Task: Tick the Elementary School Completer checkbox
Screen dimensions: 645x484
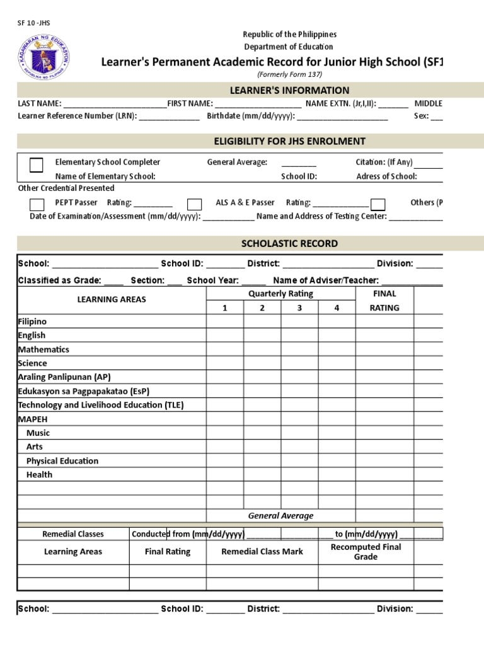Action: [x=37, y=165]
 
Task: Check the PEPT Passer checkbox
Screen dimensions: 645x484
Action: [x=37, y=204]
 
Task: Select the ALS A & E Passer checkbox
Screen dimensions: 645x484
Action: [x=195, y=204]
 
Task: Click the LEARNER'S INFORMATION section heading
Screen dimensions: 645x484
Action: [x=289, y=91]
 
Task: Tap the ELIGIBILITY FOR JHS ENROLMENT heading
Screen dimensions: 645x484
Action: [x=289, y=142]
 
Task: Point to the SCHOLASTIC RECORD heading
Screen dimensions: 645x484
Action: [x=289, y=244]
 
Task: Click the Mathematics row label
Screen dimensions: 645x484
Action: [x=43, y=350]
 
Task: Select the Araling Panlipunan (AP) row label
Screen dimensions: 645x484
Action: [x=64, y=377]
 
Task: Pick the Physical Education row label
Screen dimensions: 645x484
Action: [x=62, y=461]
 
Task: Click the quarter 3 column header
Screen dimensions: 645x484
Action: [x=299, y=308]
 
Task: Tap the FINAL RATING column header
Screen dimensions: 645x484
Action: [x=384, y=300]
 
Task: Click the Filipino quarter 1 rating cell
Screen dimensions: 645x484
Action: [x=224, y=322]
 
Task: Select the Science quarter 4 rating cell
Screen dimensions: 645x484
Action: [x=337, y=363]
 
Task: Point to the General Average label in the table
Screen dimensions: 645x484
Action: [x=280, y=516]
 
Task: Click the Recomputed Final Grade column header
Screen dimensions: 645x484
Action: [x=366, y=552]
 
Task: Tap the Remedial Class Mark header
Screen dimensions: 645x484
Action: [x=262, y=552]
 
